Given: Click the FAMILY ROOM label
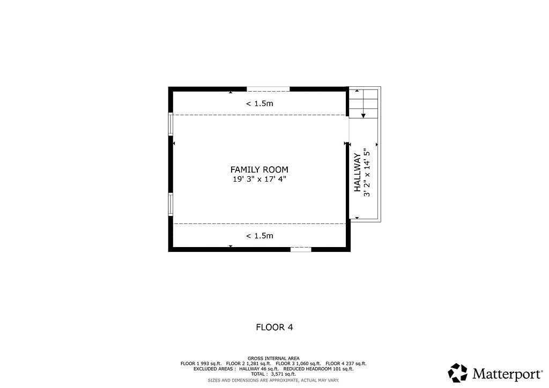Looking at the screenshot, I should coord(259,169).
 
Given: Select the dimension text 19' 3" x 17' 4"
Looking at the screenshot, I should coord(259,180).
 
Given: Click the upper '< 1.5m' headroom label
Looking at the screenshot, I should coord(259,103).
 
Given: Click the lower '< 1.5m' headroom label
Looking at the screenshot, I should coord(259,236).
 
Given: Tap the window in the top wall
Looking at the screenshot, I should coord(268,88).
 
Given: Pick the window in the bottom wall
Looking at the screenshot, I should coord(301,249).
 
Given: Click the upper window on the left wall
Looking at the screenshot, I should coord(170,124).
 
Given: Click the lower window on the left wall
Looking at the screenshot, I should coord(170,204).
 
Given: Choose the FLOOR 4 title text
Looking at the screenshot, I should coord(274,327).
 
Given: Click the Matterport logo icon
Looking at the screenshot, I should coord(457,372).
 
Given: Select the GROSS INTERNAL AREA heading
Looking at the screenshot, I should coord(273,358).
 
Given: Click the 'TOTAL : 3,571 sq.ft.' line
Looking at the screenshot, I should coord(273,374).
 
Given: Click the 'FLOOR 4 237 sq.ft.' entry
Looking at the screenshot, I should coord(346,363).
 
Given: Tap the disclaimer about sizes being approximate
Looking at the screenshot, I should coord(273,380).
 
